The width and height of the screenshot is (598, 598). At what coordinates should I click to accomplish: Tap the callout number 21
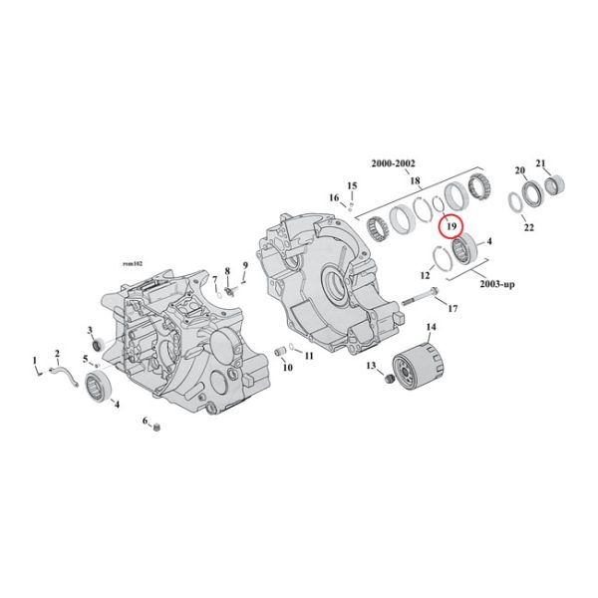(x=541, y=163)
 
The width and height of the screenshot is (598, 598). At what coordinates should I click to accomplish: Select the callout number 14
(x=432, y=327)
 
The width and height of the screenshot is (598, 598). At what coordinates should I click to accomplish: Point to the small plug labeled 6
(x=156, y=429)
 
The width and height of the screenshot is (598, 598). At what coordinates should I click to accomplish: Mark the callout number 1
(x=36, y=359)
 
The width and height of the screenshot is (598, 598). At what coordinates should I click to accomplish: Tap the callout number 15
(x=351, y=186)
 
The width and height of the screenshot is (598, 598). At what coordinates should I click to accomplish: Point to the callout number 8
(x=227, y=270)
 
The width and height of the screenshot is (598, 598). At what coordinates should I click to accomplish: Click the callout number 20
(x=518, y=170)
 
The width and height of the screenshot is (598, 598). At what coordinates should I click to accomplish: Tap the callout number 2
(x=57, y=353)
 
